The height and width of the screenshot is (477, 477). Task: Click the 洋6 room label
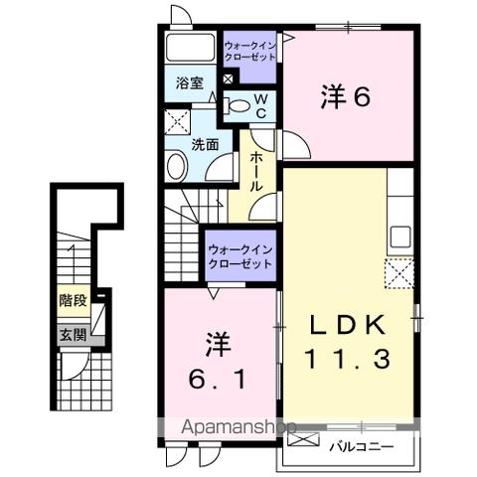[347, 97]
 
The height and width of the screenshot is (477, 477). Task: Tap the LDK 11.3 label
[353, 344]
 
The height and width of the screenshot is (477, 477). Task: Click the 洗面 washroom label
[206, 143]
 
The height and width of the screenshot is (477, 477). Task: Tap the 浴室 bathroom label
[190, 83]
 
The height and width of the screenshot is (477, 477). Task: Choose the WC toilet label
[255, 105]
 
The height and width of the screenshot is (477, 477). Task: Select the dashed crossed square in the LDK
[398, 271]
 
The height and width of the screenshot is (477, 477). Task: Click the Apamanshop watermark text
[236, 428]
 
